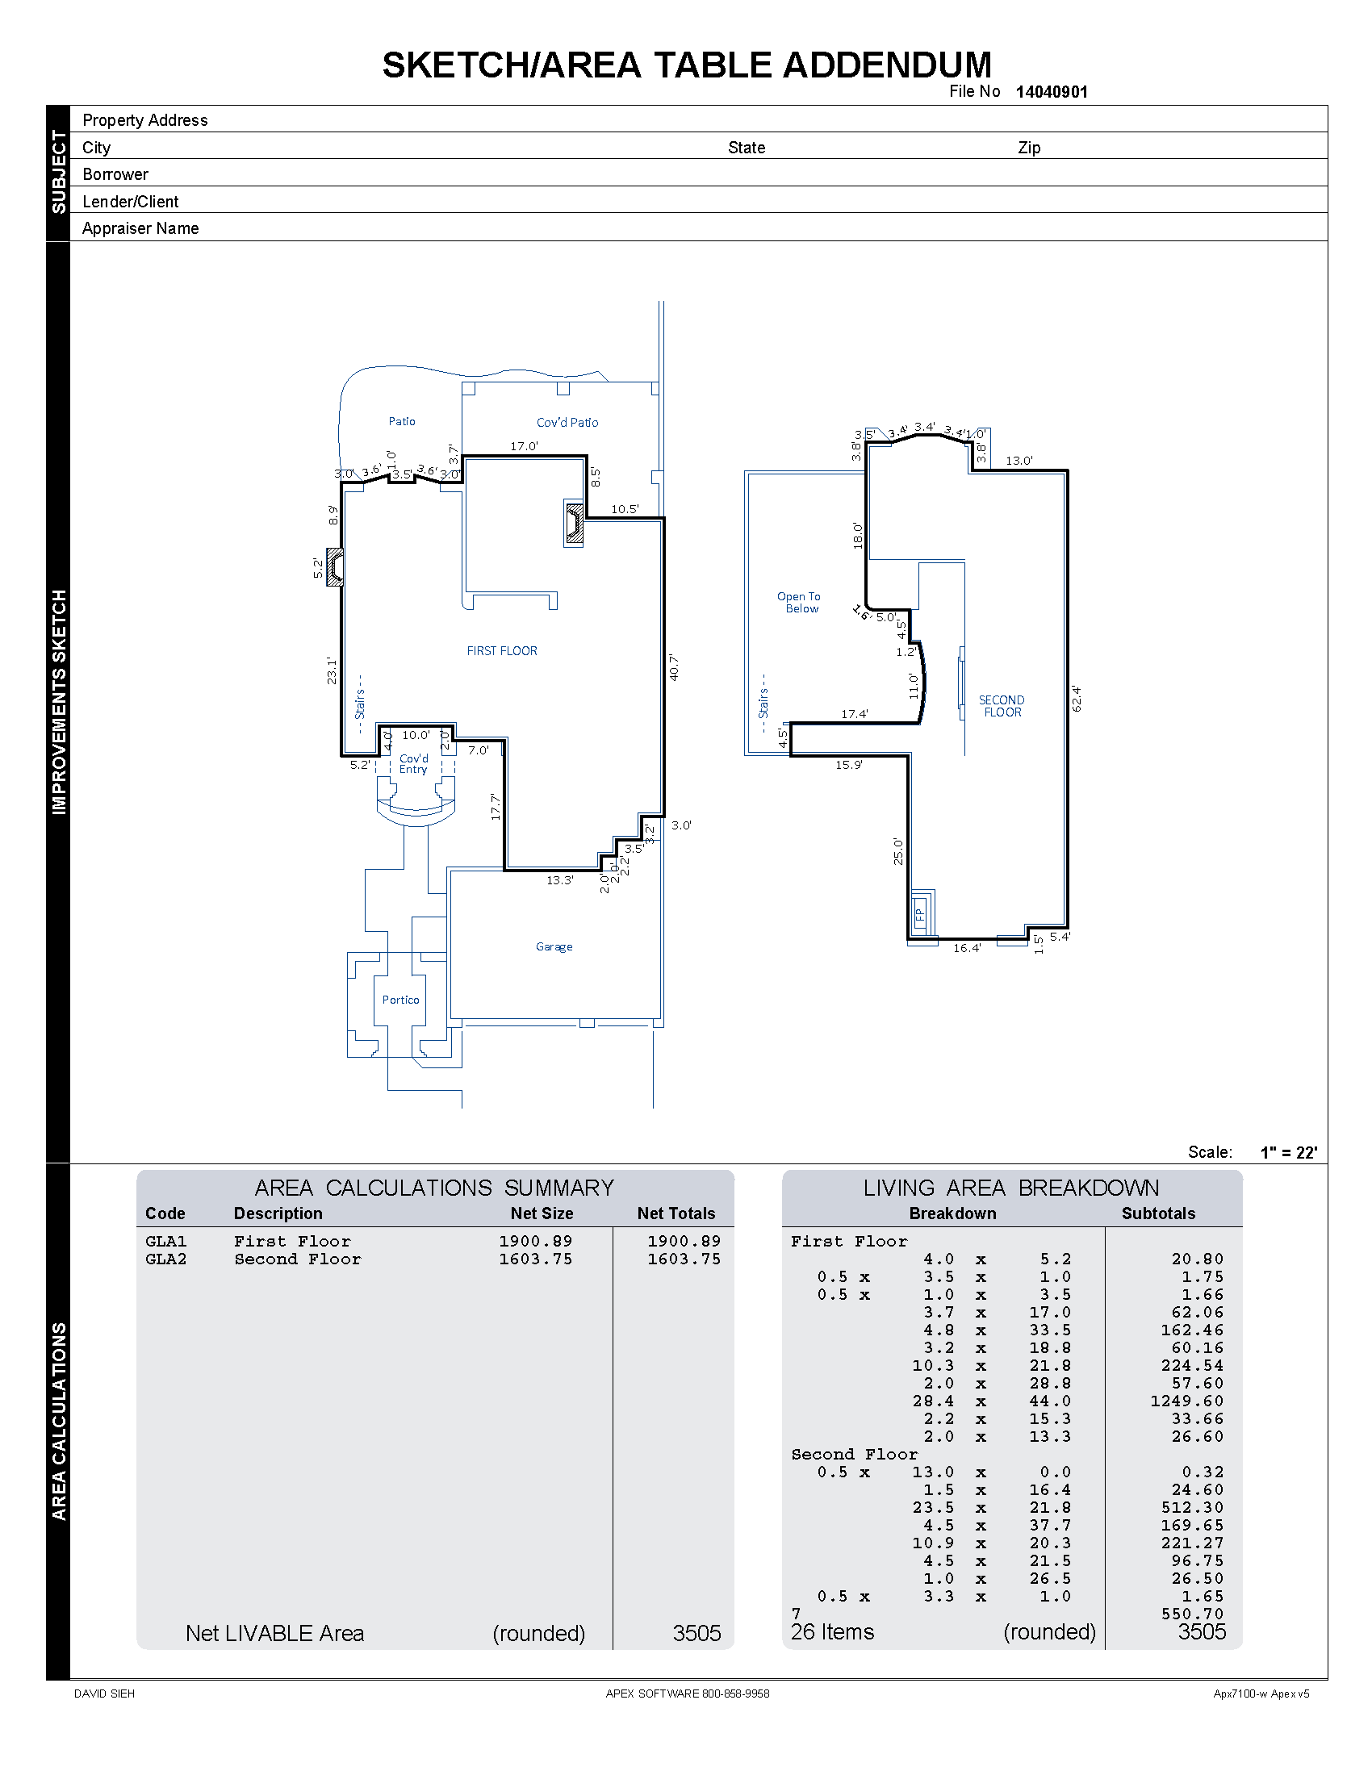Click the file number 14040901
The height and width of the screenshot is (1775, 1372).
[1051, 92]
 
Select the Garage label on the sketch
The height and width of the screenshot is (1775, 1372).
[554, 947]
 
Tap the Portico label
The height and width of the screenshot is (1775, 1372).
[401, 1000]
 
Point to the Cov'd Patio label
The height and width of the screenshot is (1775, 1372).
[567, 423]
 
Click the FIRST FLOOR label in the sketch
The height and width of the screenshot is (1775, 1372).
[501, 651]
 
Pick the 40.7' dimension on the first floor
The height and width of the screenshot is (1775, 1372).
[674, 667]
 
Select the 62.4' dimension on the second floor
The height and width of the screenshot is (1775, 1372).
[1077, 698]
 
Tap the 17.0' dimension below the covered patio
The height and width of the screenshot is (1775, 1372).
[524, 446]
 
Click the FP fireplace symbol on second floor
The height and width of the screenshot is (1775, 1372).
[920, 916]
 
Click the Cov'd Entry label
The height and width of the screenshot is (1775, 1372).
[413, 763]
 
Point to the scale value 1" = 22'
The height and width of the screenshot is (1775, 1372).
[1288, 1152]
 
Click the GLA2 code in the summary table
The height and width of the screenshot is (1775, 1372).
[165, 1259]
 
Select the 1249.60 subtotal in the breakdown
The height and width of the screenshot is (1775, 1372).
[1186, 1401]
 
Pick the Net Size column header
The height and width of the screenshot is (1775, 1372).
[542, 1213]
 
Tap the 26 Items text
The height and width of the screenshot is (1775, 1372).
[832, 1632]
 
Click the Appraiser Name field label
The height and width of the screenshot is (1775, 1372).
[140, 228]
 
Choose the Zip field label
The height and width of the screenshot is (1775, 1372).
[1029, 148]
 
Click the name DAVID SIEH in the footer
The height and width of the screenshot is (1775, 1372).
[104, 1694]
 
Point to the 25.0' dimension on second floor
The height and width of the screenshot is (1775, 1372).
[898, 851]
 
